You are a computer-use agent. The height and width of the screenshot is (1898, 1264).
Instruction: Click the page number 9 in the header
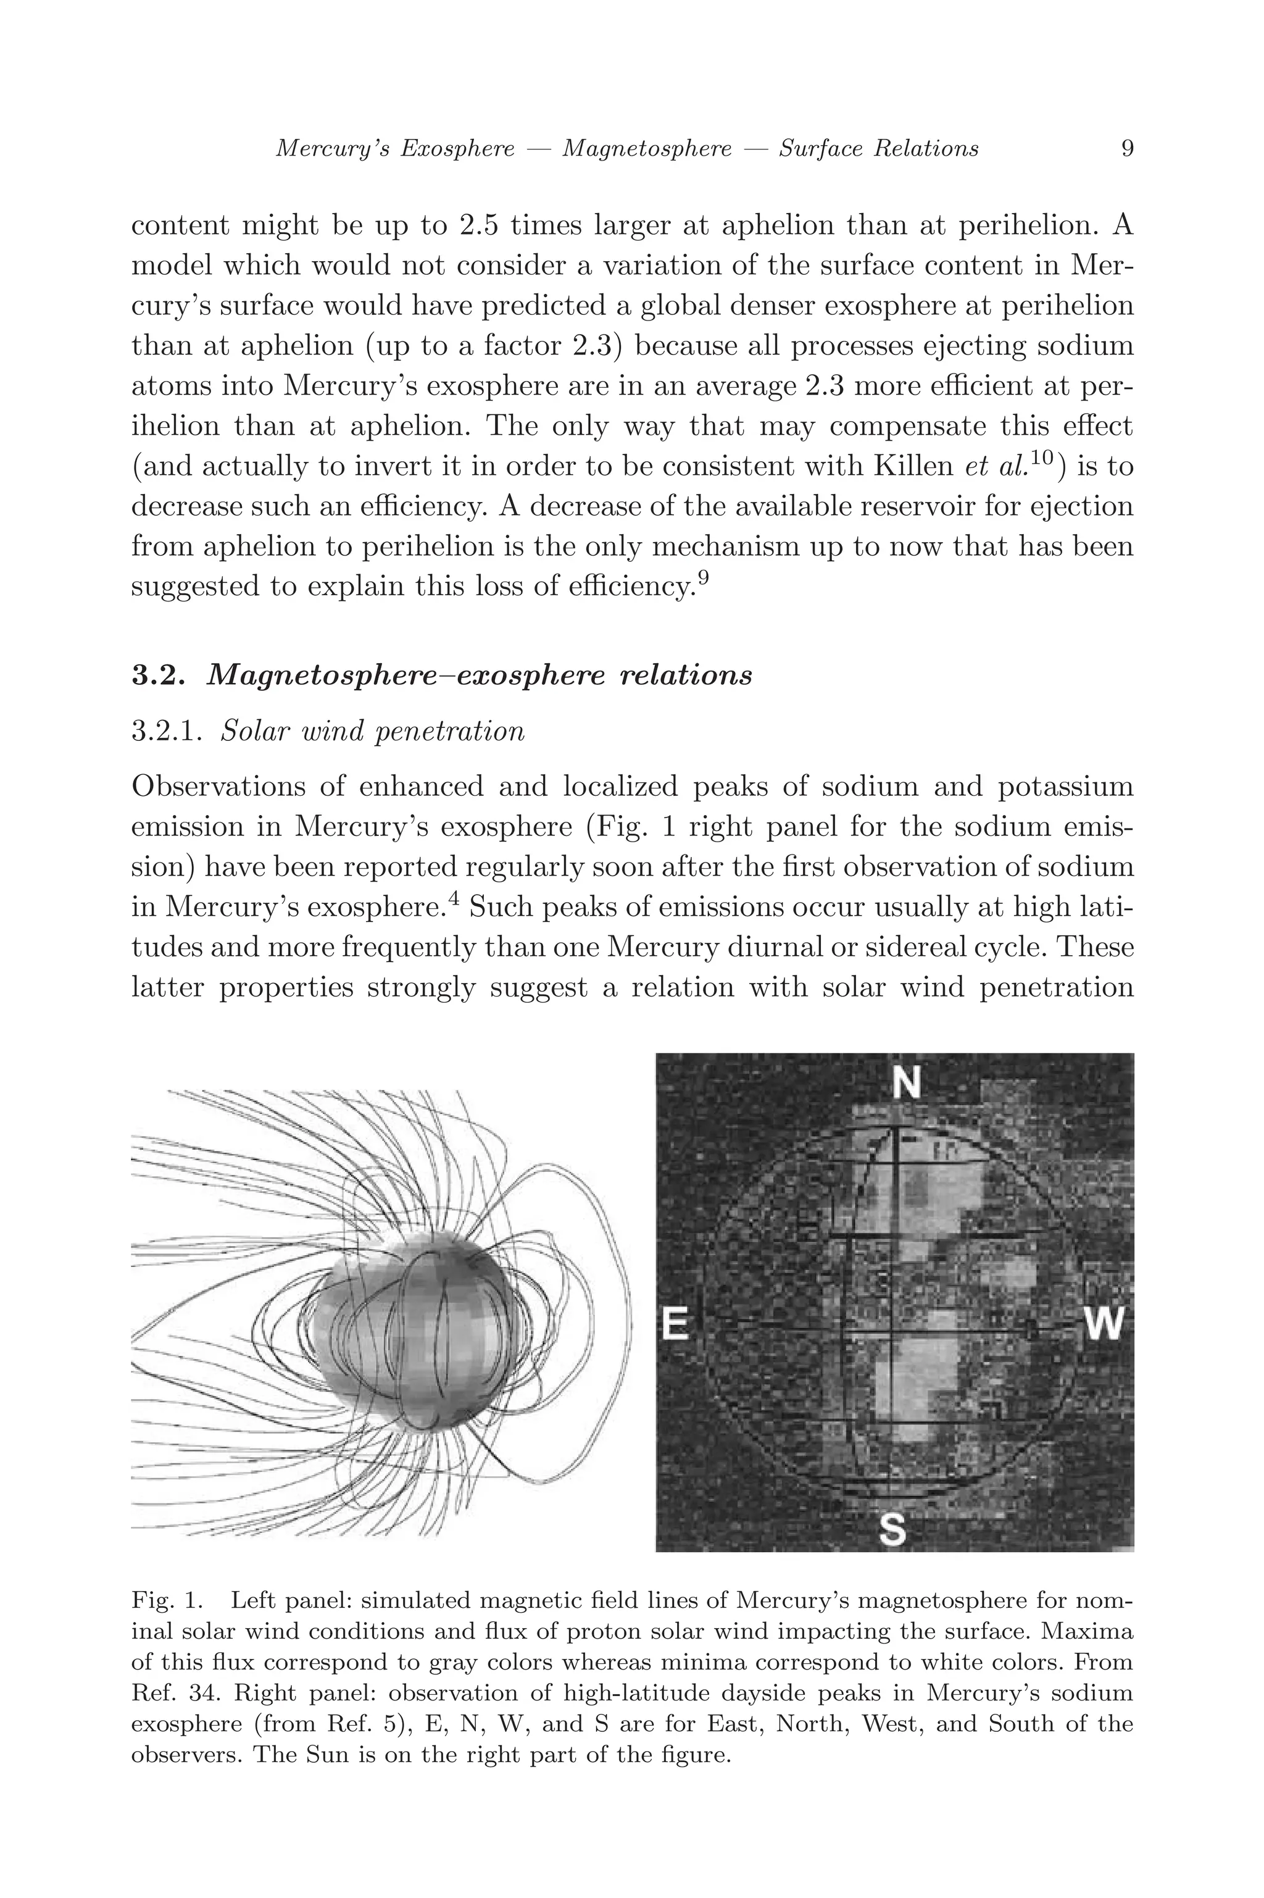click(1128, 148)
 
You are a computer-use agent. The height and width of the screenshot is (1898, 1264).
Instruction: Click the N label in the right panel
click(907, 1084)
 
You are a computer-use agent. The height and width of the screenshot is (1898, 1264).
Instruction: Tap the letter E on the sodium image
click(676, 1323)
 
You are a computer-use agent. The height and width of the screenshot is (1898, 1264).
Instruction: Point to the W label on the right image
click(1104, 1323)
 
